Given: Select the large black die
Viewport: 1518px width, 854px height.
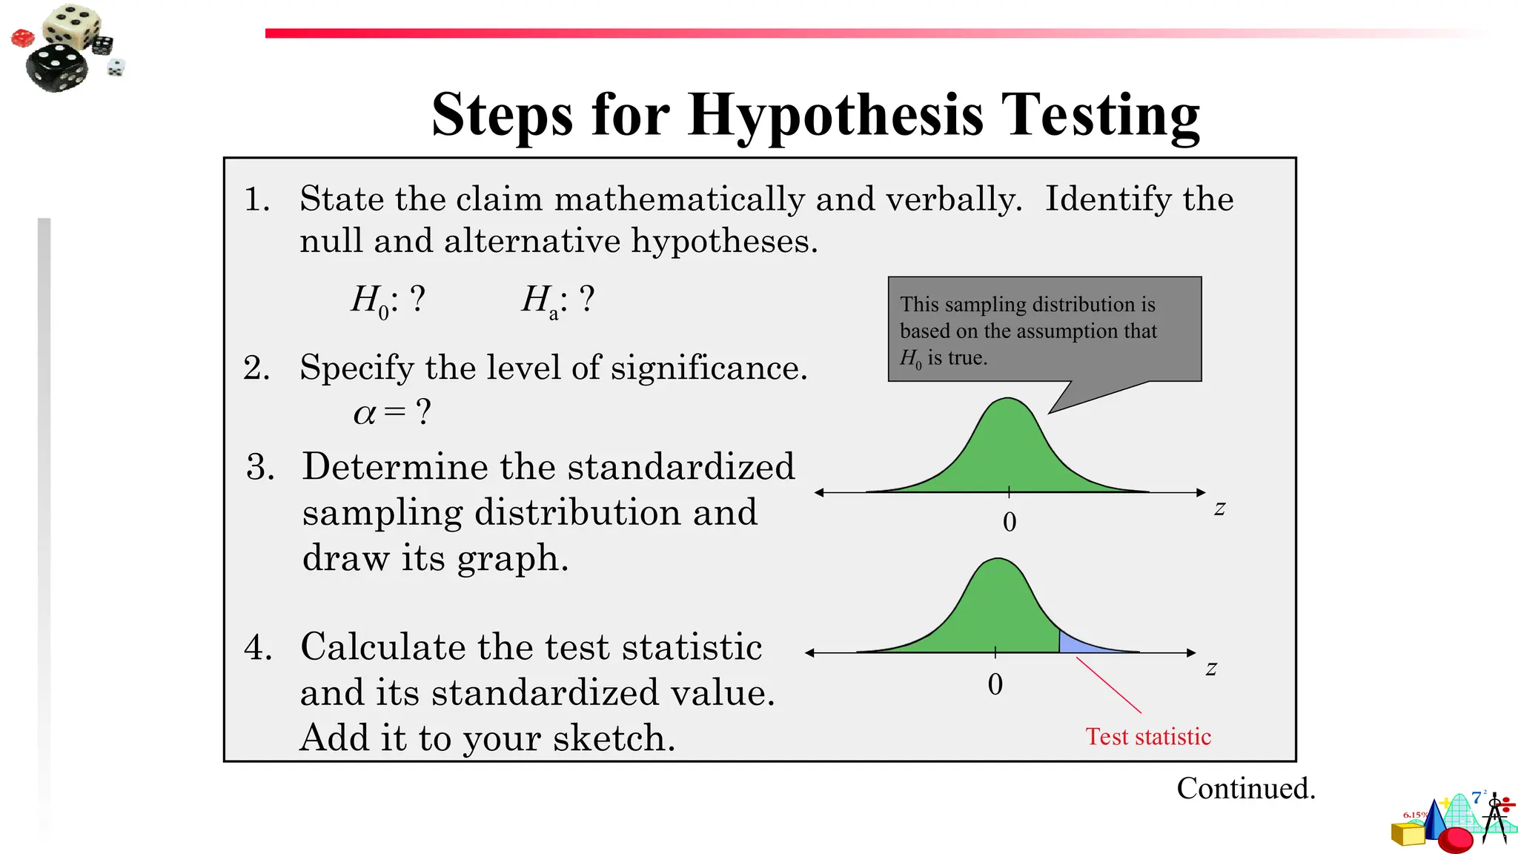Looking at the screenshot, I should (x=56, y=67).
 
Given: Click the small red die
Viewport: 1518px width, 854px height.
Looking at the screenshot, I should (x=22, y=38).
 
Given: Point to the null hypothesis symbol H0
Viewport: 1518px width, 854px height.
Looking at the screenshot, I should (x=370, y=301).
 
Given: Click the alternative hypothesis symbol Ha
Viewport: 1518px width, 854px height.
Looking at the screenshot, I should (x=540, y=301).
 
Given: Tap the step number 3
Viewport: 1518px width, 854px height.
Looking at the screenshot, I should (x=260, y=468).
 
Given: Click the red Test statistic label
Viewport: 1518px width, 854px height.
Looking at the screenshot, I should (x=1147, y=737).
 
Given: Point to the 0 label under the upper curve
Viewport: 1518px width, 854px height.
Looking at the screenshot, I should (x=1010, y=523).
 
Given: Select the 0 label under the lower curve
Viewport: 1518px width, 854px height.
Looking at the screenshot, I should (x=995, y=684).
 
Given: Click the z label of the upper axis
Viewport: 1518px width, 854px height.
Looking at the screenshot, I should (x=1219, y=509).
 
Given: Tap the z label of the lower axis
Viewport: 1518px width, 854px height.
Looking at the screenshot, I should (x=1211, y=669).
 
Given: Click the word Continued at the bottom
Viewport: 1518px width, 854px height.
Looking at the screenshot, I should (x=1245, y=789).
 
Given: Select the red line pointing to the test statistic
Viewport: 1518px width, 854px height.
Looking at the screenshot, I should (x=1109, y=686).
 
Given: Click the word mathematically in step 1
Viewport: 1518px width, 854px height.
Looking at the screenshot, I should (x=680, y=199).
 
